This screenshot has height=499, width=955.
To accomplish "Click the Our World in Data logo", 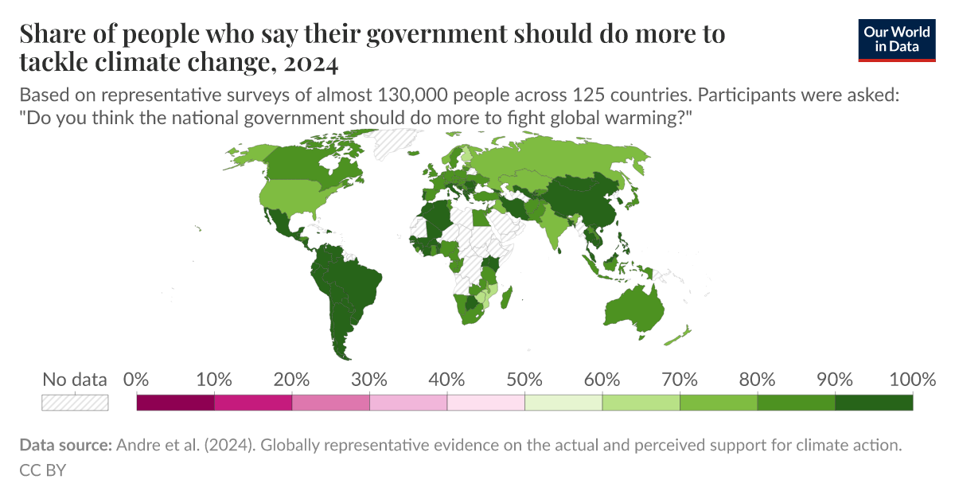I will coord(897,39).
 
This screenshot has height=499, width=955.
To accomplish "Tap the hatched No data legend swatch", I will coord(75,403).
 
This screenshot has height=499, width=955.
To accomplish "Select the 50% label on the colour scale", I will coord(524,380).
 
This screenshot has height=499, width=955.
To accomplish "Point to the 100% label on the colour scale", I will coord(912,380).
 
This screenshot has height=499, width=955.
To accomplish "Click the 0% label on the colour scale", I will coord(137,380).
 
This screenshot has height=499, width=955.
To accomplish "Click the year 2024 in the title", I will coord(311,62).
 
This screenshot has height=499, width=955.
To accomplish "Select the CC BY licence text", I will coord(41,470).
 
